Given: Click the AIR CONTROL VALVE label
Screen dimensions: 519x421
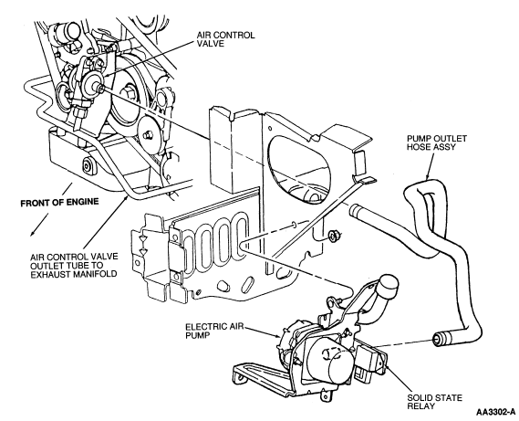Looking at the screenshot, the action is coord(225,39).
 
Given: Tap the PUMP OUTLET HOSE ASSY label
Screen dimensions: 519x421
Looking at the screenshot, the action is coord(436,142).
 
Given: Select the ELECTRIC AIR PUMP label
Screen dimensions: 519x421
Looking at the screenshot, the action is coord(214,331).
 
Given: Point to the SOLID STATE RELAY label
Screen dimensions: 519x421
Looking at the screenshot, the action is coord(434,402).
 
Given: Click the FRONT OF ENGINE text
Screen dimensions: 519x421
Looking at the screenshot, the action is coord(59,202).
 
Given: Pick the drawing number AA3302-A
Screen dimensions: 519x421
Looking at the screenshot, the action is coord(495,412).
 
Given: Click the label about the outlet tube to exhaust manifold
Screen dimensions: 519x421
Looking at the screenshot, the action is coord(74,266).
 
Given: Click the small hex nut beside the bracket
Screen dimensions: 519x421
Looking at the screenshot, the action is coord(333,236).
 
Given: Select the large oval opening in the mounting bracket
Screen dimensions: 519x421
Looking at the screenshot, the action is coord(299,168).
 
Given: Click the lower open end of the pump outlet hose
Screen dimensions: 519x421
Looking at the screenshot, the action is coord(439,339).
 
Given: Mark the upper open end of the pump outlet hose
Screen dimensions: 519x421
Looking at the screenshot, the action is coord(355,211).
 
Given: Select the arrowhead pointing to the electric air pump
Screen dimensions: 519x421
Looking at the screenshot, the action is coord(276,336).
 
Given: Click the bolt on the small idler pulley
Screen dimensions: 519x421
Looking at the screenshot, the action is coord(146,134).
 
